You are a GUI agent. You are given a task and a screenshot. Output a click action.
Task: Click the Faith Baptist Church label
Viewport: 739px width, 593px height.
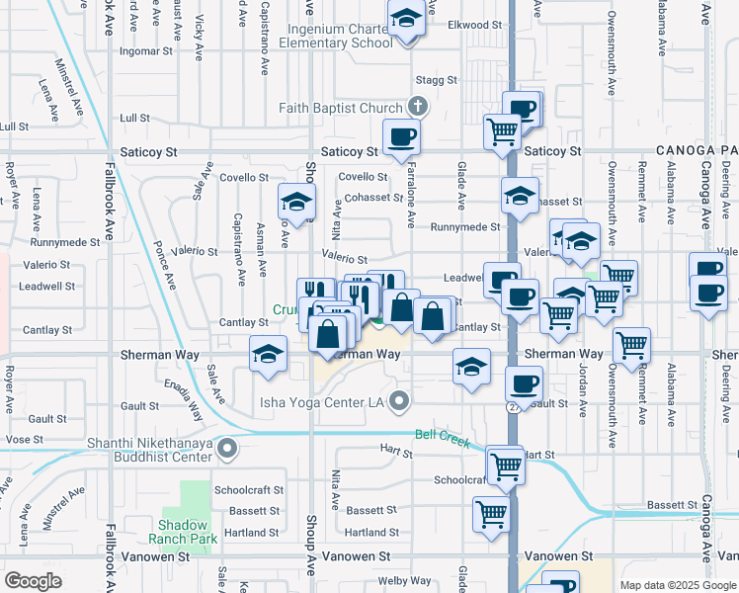click(341, 108)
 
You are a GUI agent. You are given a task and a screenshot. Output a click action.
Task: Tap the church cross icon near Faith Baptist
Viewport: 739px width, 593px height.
click(418, 107)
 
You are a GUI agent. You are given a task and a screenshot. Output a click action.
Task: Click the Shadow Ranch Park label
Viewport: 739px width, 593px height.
click(183, 532)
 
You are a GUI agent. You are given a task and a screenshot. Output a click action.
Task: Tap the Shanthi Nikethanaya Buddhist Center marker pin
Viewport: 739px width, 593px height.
click(227, 449)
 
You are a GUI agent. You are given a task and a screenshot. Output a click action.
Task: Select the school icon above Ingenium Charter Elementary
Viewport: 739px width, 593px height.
click(405, 19)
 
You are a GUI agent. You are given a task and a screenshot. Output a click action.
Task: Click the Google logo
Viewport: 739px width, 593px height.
click(34, 581)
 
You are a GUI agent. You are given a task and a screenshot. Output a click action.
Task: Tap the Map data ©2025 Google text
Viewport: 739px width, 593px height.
click(678, 584)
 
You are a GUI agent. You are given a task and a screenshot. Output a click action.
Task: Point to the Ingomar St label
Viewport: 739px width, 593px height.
click(146, 50)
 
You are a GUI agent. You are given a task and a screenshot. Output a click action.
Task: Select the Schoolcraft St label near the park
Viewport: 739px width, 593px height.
click(249, 490)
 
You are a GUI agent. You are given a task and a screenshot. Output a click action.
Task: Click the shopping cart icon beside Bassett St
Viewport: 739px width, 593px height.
click(491, 513)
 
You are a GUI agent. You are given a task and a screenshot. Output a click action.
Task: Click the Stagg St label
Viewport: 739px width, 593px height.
click(437, 80)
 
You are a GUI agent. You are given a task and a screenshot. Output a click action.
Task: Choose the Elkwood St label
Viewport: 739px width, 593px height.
click(468, 25)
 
